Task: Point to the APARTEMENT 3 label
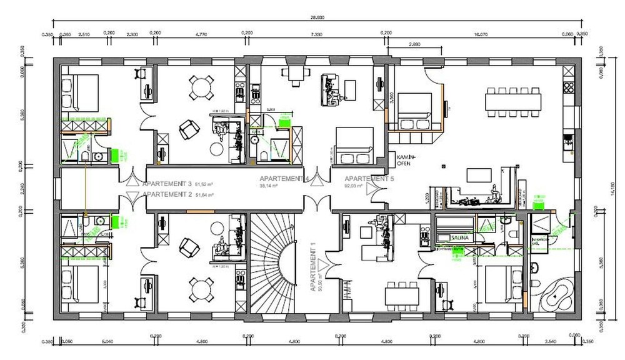pyautogui.click(x=167, y=184)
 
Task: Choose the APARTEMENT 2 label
pyautogui.click(x=167, y=195)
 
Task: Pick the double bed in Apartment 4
pyautogui.click(x=354, y=144)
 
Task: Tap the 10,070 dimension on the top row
pyautogui.click(x=481, y=35)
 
